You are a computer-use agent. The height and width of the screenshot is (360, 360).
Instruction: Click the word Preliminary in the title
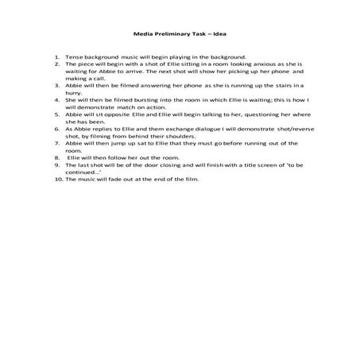[176, 35]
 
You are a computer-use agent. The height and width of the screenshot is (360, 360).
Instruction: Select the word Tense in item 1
[74, 57]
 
